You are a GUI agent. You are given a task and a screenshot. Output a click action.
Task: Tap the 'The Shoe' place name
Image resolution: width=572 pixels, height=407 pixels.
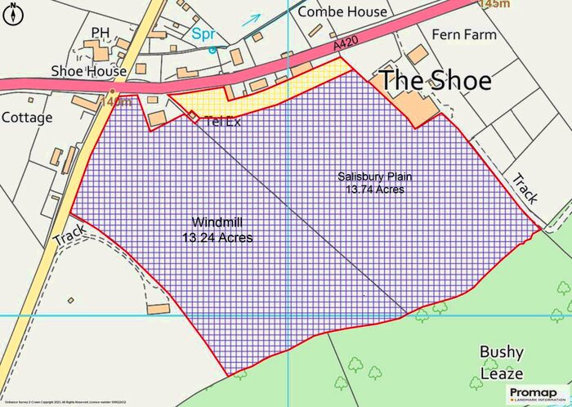point(435,81)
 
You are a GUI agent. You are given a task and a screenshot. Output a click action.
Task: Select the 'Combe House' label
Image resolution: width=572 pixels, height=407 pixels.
point(342,11)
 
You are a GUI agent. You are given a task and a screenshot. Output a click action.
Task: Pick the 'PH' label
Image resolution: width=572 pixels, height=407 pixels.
point(101,33)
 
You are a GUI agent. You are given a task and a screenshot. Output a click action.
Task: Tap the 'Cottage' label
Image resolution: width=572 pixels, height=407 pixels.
point(26,117)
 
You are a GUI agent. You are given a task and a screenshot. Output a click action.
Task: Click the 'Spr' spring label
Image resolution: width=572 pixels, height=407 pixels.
point(203,34)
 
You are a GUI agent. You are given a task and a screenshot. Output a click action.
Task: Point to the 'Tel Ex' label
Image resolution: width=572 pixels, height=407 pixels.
point(223,120)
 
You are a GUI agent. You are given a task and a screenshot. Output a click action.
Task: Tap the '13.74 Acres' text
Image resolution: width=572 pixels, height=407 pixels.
point(375,189)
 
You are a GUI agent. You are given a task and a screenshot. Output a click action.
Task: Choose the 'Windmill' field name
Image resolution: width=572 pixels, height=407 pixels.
point(217,222)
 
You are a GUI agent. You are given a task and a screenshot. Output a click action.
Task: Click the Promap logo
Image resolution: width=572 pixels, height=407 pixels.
point(536,394)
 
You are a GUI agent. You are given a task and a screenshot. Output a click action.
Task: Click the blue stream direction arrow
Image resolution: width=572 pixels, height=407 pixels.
point(252,19)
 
